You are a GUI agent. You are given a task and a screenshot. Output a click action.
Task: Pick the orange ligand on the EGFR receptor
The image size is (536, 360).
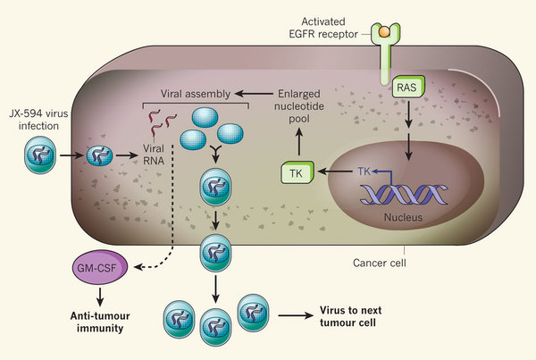(385, 32)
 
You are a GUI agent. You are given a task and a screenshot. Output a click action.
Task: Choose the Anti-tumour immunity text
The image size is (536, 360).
(98, 322)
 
